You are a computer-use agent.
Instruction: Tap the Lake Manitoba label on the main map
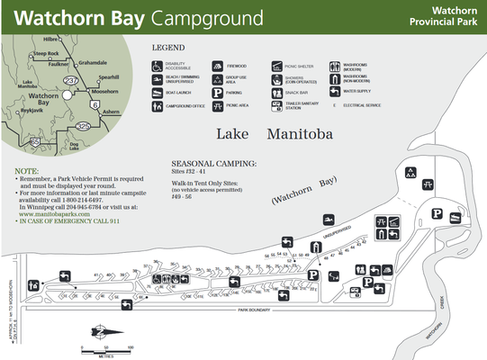[x=275, y=135]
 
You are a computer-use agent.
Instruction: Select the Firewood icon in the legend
[x=218, y=66]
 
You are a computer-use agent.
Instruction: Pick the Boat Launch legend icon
[x=158, y=92]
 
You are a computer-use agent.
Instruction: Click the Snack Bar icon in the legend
[x=277, y=92]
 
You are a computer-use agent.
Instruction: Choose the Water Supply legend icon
[x=336, y=91]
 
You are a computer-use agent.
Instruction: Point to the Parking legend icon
[x=218, y=92]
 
